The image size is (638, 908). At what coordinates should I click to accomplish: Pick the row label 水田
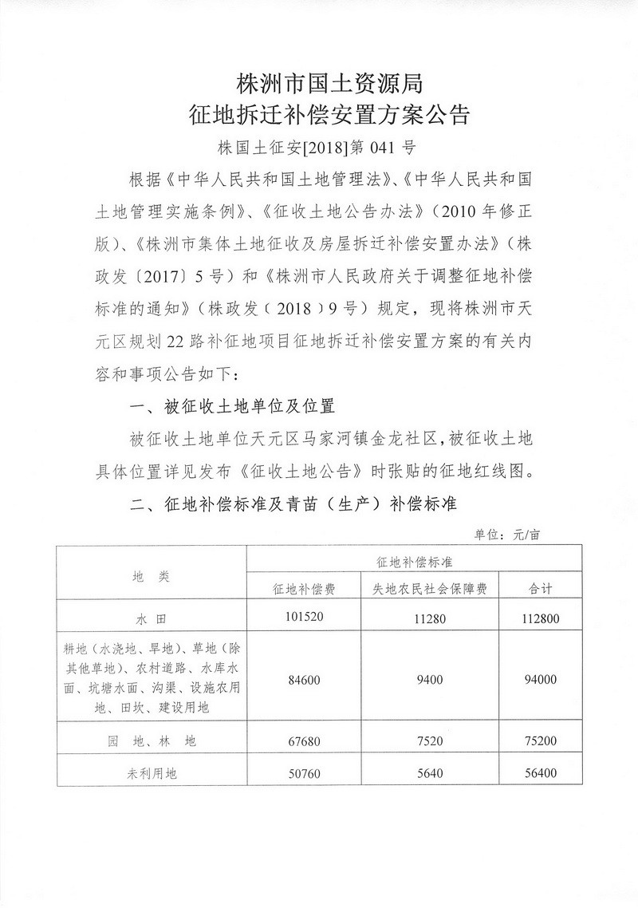click(151, 618)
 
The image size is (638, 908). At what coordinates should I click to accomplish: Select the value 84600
click(304, 679)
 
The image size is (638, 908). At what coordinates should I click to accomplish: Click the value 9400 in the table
click(430, 679)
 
